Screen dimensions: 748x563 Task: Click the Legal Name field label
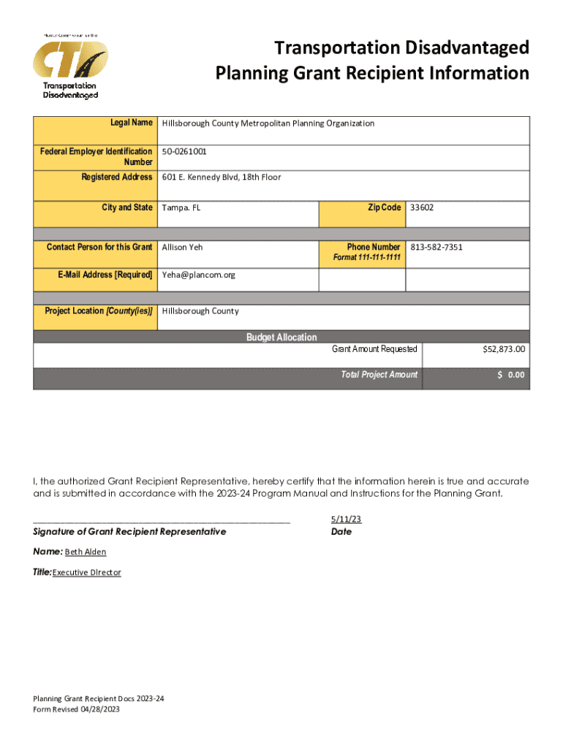coord(131,122)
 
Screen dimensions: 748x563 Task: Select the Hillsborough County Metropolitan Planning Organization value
coord(268,123)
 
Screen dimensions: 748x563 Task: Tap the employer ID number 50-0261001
coord(184,152)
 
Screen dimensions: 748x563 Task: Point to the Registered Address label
coord(117,177)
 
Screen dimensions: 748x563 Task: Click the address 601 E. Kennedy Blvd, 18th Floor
coord(221,178)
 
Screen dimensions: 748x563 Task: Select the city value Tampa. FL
coord(181,207)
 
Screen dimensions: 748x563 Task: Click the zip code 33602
coord(422,207)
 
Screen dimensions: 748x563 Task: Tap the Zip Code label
coord(384,207)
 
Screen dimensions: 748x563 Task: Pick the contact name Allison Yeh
coord(182,247)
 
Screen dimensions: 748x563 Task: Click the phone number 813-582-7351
coord(437,247)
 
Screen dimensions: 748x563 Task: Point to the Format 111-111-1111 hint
coord(366,259)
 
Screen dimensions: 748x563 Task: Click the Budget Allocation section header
coord(281,337)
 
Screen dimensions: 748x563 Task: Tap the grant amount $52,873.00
coord(503,350)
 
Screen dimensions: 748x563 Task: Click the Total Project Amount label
coord(379,375)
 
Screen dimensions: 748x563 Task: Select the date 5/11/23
coord(346,519)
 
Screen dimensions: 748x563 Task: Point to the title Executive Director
coord(86,573)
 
